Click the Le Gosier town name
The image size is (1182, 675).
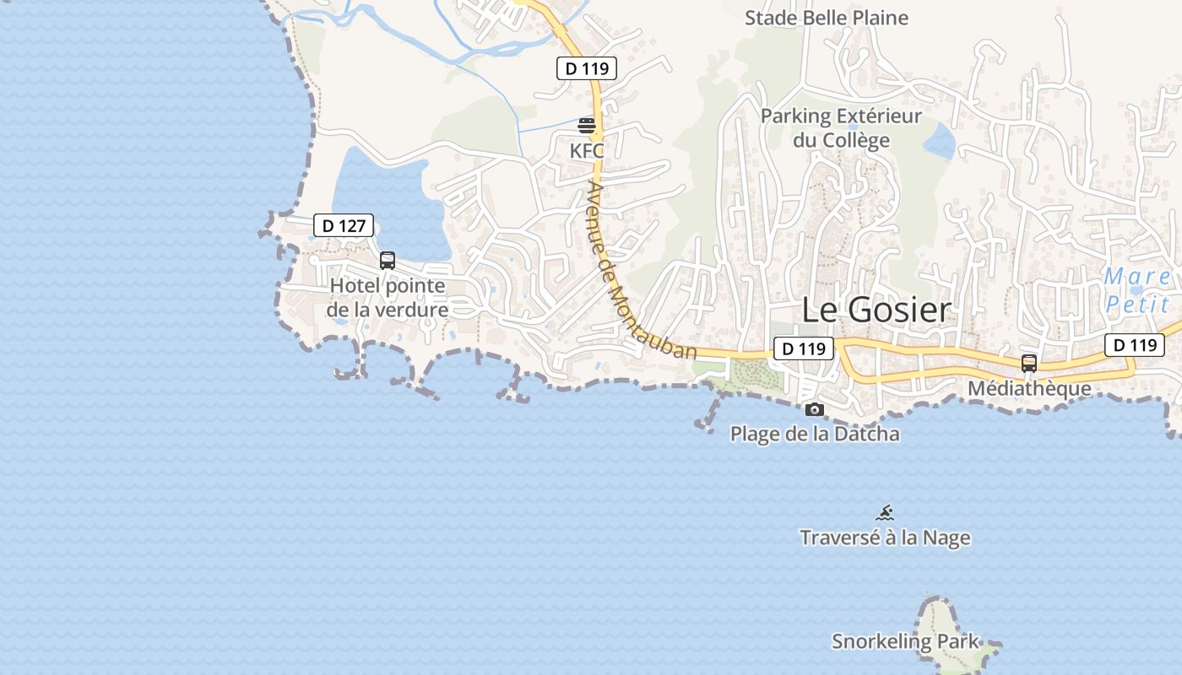pos(876,310)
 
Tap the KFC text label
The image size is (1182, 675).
pos(587,151)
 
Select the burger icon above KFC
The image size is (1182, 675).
pos(587,127)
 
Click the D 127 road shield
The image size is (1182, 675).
pos(344,225)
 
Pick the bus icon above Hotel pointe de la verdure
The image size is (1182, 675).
pos(388,261)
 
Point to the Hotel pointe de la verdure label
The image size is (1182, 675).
pos(388,298)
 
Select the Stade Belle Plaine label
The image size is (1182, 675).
pos(826,18)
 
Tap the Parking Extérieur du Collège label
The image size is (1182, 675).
pos(841,127)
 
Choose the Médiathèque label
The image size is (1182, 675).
pos(1029,388)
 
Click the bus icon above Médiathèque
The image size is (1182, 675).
pos(1029,364)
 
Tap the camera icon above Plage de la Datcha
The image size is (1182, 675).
pos(815,410)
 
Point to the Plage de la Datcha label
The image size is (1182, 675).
pos(815,434)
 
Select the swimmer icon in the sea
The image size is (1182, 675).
pos(885,513)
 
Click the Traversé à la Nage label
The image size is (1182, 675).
pos(885,537)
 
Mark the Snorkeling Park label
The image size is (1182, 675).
pos(905,641)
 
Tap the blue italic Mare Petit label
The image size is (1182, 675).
pos(1137,290)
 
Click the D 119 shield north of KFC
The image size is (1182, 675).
pos(587,68)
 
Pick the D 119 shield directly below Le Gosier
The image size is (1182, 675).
pos(804,348)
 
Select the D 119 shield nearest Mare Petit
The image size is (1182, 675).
pos(1135,344)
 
